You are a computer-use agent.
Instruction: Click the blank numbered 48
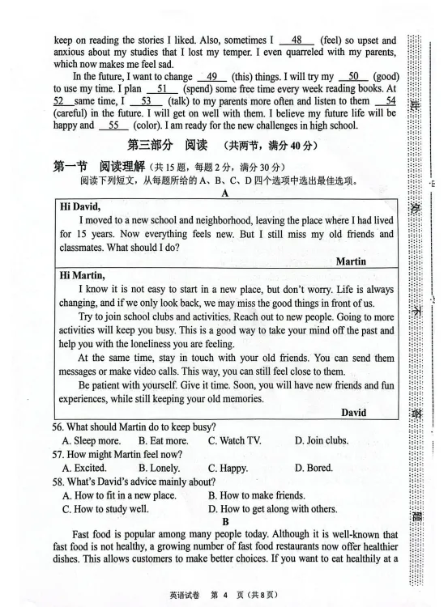(296, 40)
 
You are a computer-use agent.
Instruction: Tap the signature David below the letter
(353, 413)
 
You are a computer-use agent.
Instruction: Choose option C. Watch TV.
(234, 440)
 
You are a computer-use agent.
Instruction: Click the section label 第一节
(70, 166)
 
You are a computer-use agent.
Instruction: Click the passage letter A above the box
(224, 193)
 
